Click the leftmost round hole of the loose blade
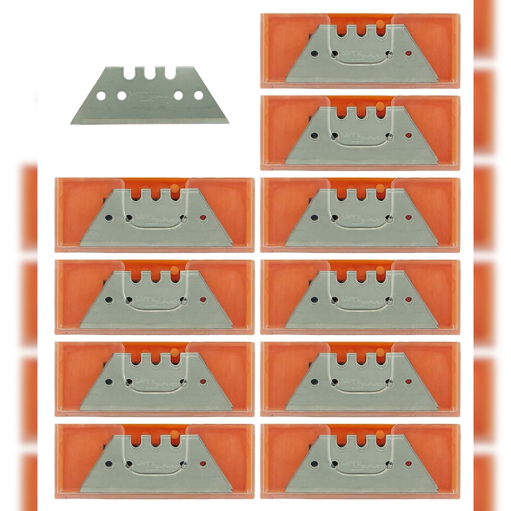pyautogui.click(x=101, y=95)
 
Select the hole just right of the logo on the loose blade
pyautogui.click(x=178, y=95)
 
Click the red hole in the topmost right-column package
pyautogui.click(x=408, y=54)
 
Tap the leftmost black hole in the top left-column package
pyautogui.click(x=108, y=218)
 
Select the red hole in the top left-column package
pyautogui.click(x=203, y=218)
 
